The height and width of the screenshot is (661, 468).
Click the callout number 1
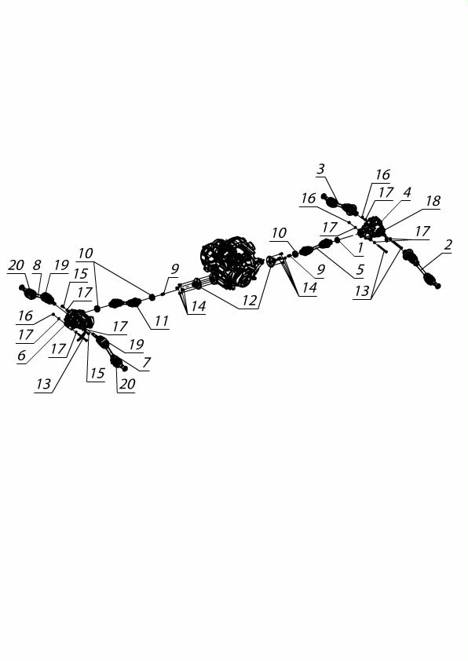tap(360, 248)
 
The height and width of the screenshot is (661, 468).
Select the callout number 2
tap(448, 244)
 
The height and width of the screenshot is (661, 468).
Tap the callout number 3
tap(321, 169)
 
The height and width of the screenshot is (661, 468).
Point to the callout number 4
tap(407, 192)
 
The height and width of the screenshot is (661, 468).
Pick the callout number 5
tap(360, 269)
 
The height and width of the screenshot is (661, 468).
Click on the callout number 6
tap(21, 356)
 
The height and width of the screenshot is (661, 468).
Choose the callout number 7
tap(146, 363)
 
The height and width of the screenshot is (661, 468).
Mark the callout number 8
tap(37, 265)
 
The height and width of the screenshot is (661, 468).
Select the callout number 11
tap(161, 321)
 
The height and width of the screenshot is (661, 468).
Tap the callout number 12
tap(249, 301)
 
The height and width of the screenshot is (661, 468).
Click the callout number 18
tap(433, 201)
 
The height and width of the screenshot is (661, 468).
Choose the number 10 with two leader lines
tap(86, 254)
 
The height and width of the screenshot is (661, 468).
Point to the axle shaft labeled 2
tap(421, 269)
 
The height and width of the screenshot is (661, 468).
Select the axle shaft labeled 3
tap(341, 205)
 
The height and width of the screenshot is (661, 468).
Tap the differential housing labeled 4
tap(372, 228)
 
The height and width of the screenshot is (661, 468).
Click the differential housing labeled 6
tap(79, 320)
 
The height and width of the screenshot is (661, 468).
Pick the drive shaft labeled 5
tap(316, 247)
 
